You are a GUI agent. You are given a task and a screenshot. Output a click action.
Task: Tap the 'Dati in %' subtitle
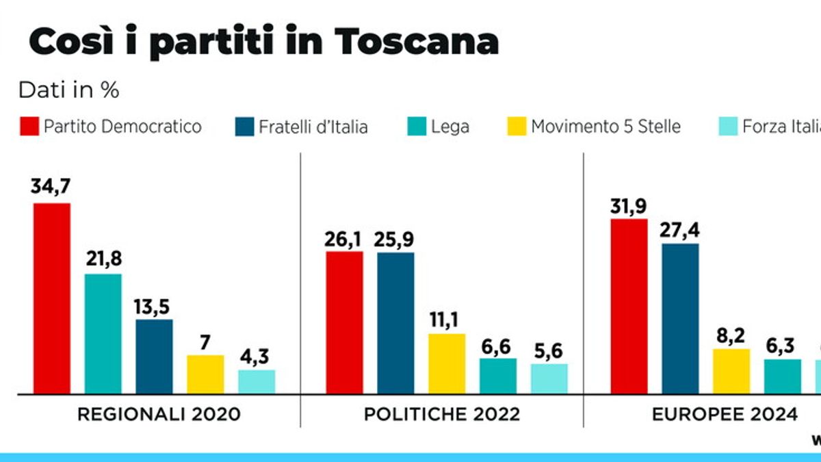(68, 90)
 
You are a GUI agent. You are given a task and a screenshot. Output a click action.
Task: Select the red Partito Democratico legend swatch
(29, 127)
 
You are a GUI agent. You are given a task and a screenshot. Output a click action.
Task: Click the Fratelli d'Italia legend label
(313, 127)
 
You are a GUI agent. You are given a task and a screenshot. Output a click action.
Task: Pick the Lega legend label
(449, 127)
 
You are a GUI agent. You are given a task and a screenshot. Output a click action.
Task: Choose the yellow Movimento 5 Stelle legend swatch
(517, 127)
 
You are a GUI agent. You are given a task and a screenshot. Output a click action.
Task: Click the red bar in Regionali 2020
(52, 298)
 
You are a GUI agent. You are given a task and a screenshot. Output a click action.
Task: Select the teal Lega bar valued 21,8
(103, 334)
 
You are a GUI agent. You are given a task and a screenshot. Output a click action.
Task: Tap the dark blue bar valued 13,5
(155, 357)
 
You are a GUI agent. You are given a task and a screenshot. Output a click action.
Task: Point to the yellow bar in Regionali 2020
(205, 374)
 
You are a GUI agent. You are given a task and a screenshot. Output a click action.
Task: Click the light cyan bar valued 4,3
(257, 382)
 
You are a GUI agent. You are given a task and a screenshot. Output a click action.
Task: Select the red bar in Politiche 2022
(344, 322)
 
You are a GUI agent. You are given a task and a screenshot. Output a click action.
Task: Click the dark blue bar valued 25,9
(395, 323)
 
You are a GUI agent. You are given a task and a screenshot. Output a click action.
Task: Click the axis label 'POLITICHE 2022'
(441, 414)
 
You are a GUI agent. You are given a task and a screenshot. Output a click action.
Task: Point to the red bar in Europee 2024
(629, 307)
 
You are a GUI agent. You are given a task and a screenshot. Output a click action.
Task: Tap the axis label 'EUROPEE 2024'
(724, 414)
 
